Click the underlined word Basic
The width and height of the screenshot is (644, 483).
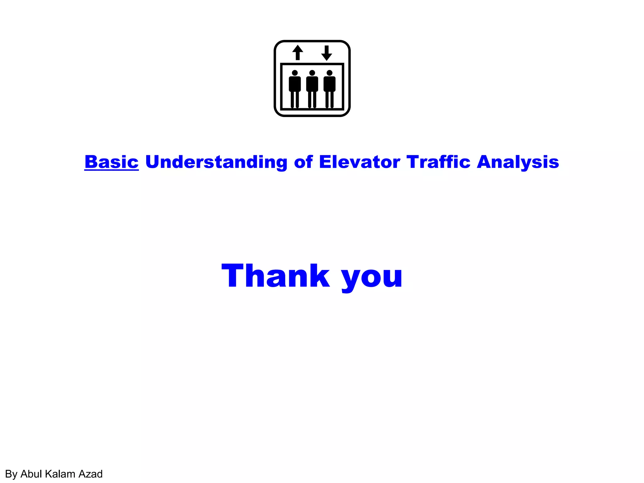111,162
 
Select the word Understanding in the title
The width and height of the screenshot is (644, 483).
216,162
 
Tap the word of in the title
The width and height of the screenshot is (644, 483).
303,162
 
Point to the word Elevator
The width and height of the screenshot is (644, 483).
359,162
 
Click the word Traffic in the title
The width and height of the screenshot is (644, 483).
438,162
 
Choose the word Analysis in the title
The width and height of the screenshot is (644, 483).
518,162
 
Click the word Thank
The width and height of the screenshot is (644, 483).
276,276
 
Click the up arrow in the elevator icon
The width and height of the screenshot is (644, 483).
297,52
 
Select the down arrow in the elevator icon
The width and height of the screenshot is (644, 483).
327,53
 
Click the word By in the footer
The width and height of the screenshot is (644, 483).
11,474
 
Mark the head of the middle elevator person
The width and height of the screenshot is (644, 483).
312,73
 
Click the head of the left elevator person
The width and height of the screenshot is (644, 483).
295,73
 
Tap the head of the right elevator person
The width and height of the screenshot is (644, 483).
329,73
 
